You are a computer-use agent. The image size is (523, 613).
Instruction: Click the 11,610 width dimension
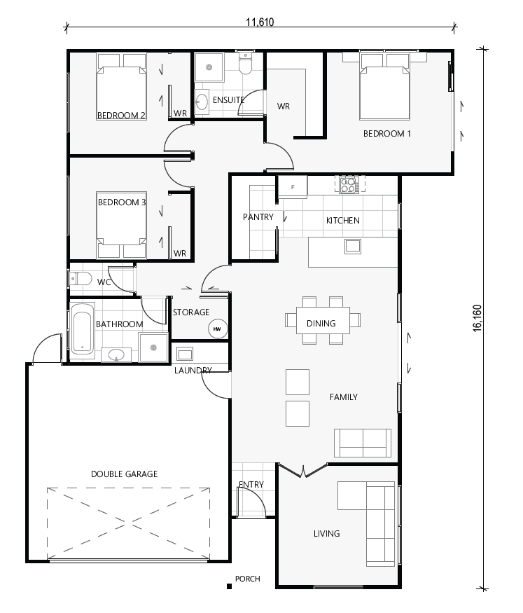[x=260, y=22]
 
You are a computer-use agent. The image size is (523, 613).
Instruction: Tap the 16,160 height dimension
[x=477, y=317]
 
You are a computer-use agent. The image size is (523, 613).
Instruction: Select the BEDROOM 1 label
[x=386, y=133]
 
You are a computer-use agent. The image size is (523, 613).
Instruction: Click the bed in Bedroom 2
[x=121, y=90]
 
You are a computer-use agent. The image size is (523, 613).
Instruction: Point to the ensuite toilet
[x=246, y=64]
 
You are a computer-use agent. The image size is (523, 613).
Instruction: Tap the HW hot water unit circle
[x=217, y=329]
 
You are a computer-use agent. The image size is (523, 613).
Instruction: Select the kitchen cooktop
[x=349, y=184]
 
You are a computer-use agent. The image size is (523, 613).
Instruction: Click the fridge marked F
[x=293, y=187]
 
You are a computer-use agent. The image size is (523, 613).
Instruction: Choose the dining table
[x=323, y=321]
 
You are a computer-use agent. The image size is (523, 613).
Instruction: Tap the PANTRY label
[x=258, y=217]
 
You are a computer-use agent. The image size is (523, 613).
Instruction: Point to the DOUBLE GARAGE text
[x=124, y=474]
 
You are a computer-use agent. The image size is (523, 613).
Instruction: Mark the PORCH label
[x=248, y=579]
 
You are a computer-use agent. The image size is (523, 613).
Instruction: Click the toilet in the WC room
[x=81, y=280]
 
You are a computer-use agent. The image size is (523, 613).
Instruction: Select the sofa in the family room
[x=363, y=442]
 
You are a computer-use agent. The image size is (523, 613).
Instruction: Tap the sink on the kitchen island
[x=351, y=245]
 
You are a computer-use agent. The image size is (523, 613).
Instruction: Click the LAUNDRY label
[x=193, y=370]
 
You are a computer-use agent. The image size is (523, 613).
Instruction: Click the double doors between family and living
[x=302, y=471]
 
